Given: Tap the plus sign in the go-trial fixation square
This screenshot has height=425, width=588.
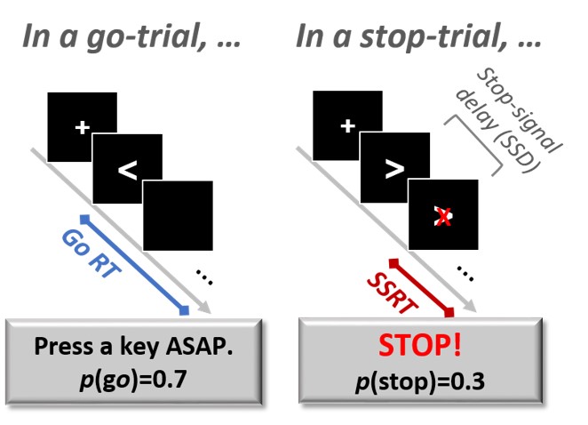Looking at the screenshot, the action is coord(82,128).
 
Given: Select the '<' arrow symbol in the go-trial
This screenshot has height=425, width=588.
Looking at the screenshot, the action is coord(128,171).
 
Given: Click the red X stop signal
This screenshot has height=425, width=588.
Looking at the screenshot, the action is coord(442,216).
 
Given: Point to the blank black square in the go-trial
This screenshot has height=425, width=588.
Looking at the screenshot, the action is coord(178,215).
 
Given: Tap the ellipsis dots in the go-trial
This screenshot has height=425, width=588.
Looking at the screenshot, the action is coord(204,278).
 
